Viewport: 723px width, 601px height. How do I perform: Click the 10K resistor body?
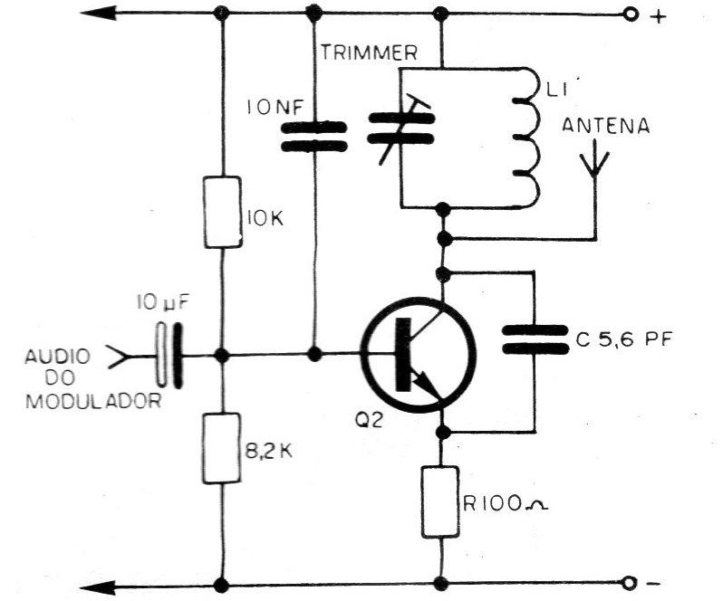tap(223, 212)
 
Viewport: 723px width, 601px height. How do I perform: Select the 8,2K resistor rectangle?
tap(222, 448)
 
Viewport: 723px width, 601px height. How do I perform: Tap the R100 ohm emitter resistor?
tap(440, 501)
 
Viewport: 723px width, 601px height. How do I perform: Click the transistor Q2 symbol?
tap(419, 354)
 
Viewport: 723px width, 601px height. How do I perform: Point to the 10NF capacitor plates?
tap(314, 137)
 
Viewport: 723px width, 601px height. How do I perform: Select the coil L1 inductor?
tap(525, 138)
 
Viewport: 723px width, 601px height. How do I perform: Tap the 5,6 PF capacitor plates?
tap(535, 339)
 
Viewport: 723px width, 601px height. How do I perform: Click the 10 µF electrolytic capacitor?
tap(169, 355)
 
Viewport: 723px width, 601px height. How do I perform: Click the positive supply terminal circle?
tap(631, 15)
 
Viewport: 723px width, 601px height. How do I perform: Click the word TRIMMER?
tap(369, 53)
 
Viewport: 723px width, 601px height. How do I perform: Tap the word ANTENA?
tap(605, 126)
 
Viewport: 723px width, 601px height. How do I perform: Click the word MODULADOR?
tap(93, 401)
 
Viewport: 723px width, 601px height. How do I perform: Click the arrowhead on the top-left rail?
tap(98, 13)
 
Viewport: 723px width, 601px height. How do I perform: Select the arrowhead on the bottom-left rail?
tap(98, 587)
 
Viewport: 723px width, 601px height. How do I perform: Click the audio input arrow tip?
tap(123, 357)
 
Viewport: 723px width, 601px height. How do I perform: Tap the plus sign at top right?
tap(659, 17)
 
